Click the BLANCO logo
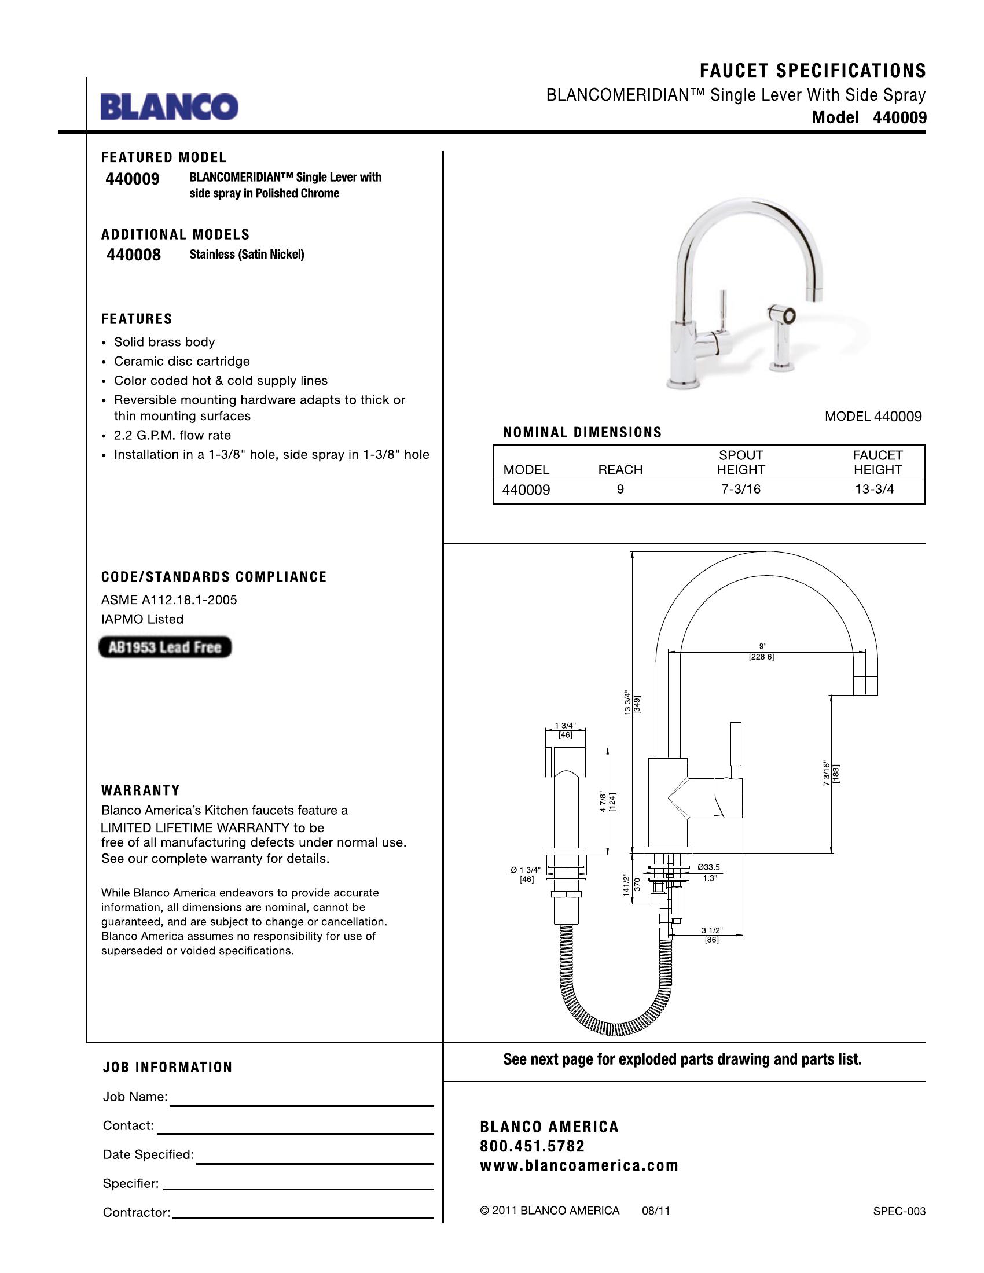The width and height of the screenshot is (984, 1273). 169,107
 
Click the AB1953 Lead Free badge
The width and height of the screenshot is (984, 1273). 165,647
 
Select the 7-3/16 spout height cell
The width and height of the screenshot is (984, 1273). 740,490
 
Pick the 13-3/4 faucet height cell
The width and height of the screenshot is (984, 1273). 874,490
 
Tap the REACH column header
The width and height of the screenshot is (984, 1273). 620,470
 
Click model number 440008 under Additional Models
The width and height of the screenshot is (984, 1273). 134,255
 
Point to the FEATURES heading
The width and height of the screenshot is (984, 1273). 137,319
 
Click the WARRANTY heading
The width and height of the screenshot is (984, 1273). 141,790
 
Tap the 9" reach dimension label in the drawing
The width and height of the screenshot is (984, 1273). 762,646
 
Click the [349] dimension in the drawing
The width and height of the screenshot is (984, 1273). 638,704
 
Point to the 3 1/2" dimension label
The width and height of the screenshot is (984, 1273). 712,930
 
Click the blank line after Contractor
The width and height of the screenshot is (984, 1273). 303,1217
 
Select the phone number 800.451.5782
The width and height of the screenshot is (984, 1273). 532,1146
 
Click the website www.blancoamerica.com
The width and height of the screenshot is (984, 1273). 579,1166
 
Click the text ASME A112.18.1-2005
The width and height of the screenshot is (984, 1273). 169,600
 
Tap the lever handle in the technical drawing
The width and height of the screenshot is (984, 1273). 736,750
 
